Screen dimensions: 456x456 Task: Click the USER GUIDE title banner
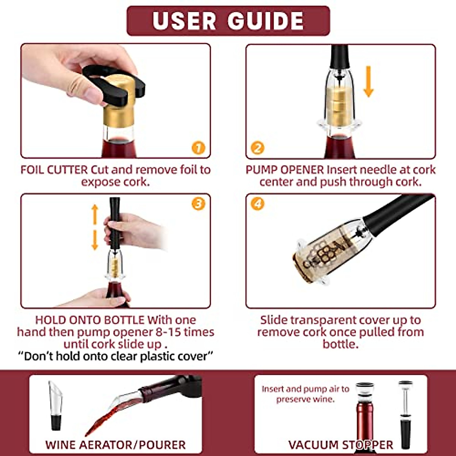click(x=228, y=21)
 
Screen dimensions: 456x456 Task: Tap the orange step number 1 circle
click(x=198, y=148)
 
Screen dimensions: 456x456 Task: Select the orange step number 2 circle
click(x=258, y=148)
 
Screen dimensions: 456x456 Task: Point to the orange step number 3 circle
click(x=198, y=204)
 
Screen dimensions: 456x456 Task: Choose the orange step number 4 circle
click(x=258, y=204)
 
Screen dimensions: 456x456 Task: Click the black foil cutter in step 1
click(x=110, y=84)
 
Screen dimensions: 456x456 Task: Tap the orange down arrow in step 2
click(x=368, y=81)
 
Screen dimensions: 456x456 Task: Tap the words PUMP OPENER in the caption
click(x=285, y=169)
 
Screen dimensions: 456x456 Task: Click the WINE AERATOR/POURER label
click(x=115, y=445)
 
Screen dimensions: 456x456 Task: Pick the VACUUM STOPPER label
click(x=340, y=445)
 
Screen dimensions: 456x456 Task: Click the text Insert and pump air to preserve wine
click(x=305, y=394)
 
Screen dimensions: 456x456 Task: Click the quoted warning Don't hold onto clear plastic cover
click(x=116, y=356)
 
